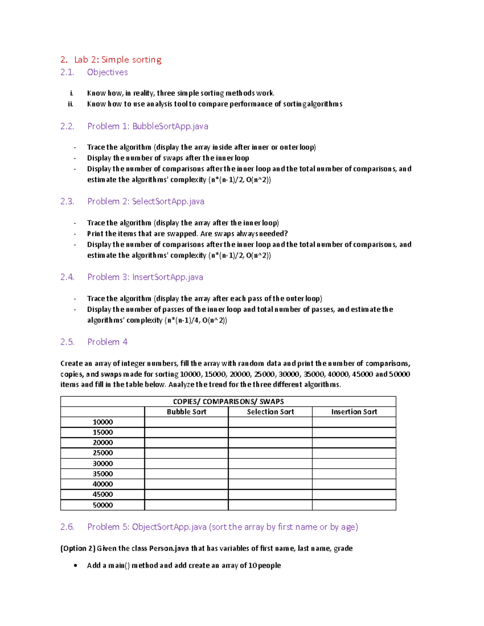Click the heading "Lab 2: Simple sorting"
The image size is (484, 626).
117,60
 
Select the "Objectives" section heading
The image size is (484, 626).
107,72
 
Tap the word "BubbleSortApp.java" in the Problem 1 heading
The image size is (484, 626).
170,126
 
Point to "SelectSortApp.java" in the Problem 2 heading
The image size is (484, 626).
168,201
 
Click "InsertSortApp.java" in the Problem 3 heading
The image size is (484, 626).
167,277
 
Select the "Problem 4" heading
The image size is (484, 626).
107,342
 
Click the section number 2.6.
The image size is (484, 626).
67,527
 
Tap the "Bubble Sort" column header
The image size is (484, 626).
186,412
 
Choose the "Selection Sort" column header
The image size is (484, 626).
270,412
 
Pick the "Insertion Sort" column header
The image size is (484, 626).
354,412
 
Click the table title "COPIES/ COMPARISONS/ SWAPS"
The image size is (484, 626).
228,401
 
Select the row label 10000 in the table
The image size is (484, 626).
102,422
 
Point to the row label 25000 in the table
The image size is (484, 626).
102,453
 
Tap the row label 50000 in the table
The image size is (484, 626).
102,505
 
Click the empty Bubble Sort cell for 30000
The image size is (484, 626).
186,464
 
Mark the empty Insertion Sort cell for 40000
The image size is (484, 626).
354,484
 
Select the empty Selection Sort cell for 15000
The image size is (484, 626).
270,432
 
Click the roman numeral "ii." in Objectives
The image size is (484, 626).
71,104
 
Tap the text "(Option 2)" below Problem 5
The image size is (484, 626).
78,548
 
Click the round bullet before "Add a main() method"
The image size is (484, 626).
75,566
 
